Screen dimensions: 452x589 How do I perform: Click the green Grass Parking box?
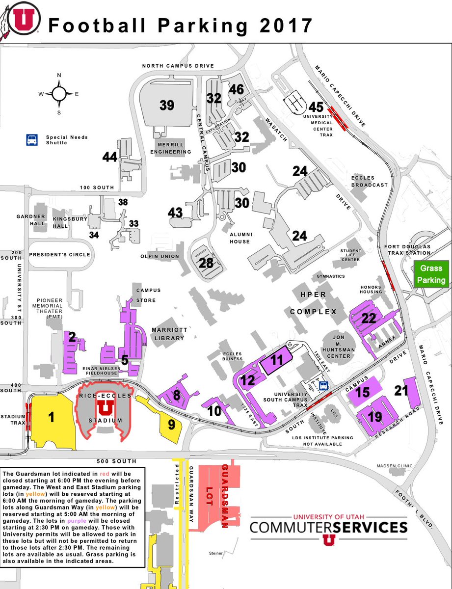[431, 274]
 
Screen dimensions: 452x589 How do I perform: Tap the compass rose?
[59, 93]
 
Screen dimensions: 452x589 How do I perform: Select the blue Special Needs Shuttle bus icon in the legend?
[32, 140]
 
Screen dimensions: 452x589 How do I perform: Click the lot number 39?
[167, 105]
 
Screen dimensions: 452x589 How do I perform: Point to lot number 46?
[236, 89]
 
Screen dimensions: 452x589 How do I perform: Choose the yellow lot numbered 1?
[51, 417]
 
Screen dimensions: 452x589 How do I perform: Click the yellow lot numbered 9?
[171, 424]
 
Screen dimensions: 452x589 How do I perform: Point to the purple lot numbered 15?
[363, 393]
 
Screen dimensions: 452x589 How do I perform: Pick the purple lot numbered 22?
[369, 318]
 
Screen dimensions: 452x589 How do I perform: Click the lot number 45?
[316, 107]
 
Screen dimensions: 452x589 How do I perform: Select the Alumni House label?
[239, 238]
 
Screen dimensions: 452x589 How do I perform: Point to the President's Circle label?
[60, 255]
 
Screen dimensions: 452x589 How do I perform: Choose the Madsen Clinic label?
[395, 466]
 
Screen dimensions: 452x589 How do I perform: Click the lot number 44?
[110, 157]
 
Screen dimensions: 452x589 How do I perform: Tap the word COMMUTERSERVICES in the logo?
[328, 528]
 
